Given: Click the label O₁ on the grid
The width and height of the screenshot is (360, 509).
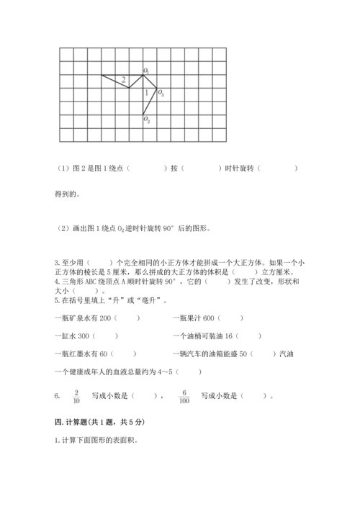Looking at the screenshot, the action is [146, 71].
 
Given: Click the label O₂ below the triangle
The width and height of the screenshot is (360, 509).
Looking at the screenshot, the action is [146, 120].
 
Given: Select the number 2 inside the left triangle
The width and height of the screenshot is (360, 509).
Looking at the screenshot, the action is [124, 79].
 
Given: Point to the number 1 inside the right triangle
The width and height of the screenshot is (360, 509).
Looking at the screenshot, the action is [147, 93].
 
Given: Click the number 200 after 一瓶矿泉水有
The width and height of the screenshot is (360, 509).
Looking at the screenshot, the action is [107, 317].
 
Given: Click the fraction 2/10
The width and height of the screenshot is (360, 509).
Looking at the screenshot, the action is [76, 395].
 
